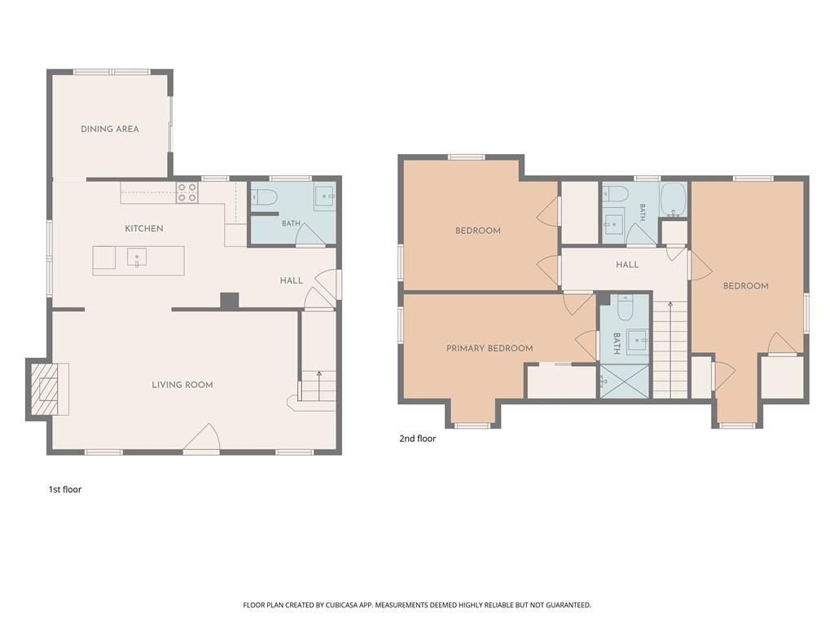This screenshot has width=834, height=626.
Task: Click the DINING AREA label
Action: tap(110, 129)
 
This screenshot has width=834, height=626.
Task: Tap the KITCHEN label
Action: tap(143, 228)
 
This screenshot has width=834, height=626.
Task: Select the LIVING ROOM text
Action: tap(182, 385)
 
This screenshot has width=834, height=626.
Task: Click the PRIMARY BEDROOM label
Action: tap(489, 348)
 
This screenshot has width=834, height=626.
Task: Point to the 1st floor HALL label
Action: tap(292, 280)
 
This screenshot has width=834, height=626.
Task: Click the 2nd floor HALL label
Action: tap(627, 264)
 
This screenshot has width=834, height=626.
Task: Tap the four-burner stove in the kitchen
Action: tap(187, 192)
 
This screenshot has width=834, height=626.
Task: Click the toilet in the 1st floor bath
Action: tap(265, 198)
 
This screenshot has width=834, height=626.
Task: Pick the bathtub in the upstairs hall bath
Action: tap(674, 200)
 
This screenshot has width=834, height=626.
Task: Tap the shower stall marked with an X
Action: tap(625, 381)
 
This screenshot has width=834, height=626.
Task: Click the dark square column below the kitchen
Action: tap(230, 301)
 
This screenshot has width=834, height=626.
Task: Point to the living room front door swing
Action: tap(203, 437)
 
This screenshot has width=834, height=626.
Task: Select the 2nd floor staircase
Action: tap(670, 349)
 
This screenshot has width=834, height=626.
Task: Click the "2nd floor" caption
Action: tap(418, 439)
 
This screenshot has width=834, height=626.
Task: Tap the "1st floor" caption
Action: tap(65, 489)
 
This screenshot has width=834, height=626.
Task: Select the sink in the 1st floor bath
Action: tap(324, 198)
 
